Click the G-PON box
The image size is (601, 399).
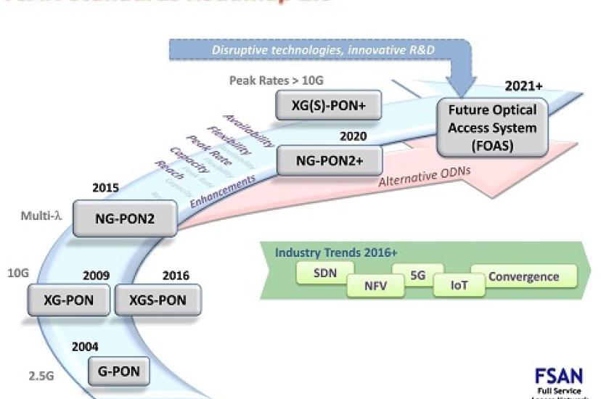(118, 372)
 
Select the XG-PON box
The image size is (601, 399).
(70, 300)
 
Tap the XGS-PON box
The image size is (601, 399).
(157, 300)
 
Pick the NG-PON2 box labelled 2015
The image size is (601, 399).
(125, 217)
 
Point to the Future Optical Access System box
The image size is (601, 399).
(491, 128)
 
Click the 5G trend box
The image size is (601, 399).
(417, 276)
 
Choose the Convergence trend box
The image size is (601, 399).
(524, 276)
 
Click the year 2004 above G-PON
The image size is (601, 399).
(85, 347)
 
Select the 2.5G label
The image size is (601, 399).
(42, 375)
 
